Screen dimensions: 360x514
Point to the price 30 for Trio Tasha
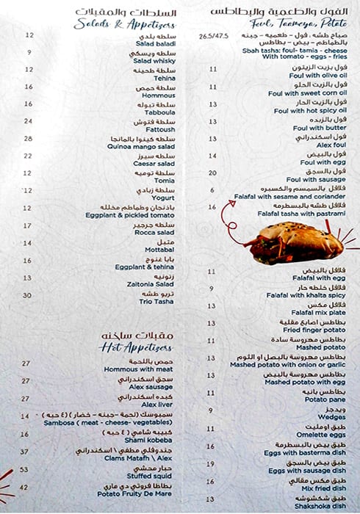27,295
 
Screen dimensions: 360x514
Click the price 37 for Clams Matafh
24,452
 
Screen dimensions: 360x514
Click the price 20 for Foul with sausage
213,173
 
